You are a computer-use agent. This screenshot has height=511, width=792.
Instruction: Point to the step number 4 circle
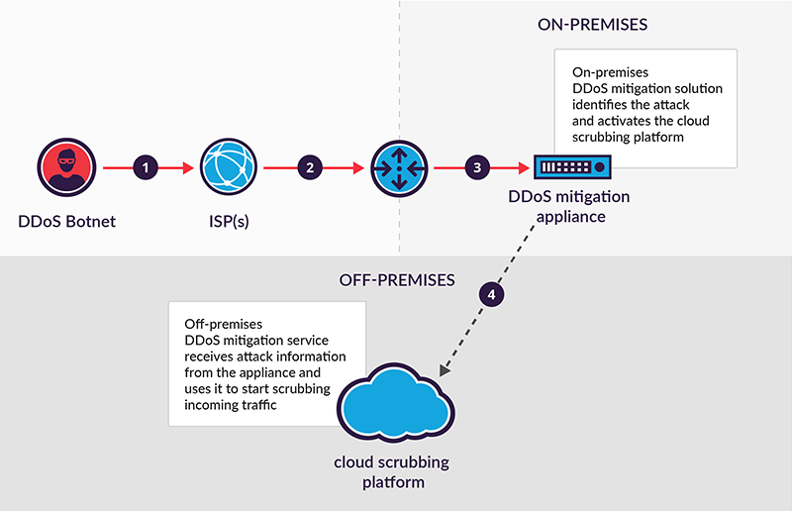491,293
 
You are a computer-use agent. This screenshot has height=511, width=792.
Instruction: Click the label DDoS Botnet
66,221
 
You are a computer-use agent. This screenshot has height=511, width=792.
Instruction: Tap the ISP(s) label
230,221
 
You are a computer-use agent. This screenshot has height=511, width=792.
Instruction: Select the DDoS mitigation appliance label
568,205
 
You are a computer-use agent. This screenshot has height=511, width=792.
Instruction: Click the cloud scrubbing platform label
393,474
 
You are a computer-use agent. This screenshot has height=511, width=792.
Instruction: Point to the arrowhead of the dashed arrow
443,372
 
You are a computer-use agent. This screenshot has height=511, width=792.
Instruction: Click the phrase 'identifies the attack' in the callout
624,104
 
